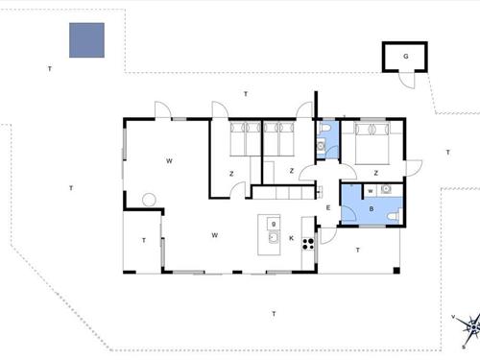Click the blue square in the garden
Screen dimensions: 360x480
[86, 40]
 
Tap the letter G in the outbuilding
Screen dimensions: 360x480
[406, 57]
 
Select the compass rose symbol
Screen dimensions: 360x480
[469, 326]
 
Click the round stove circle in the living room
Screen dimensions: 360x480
[148, 200]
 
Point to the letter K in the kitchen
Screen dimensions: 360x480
[291, 237]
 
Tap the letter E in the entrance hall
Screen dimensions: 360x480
[327, 208]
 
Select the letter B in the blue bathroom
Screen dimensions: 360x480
[371, 208]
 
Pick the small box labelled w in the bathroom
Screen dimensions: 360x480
[369, 191]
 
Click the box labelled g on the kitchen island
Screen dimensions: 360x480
[274, 224]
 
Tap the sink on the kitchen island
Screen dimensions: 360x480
[273, 236]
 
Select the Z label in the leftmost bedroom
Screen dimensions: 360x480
[230, 173]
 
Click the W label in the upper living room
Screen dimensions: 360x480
[168, 159]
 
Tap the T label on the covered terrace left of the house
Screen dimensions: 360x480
[143, 240]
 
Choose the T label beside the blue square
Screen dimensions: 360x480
[49, 69]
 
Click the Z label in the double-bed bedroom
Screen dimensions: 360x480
[375, 173]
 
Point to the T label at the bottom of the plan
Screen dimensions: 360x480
[274, 314]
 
